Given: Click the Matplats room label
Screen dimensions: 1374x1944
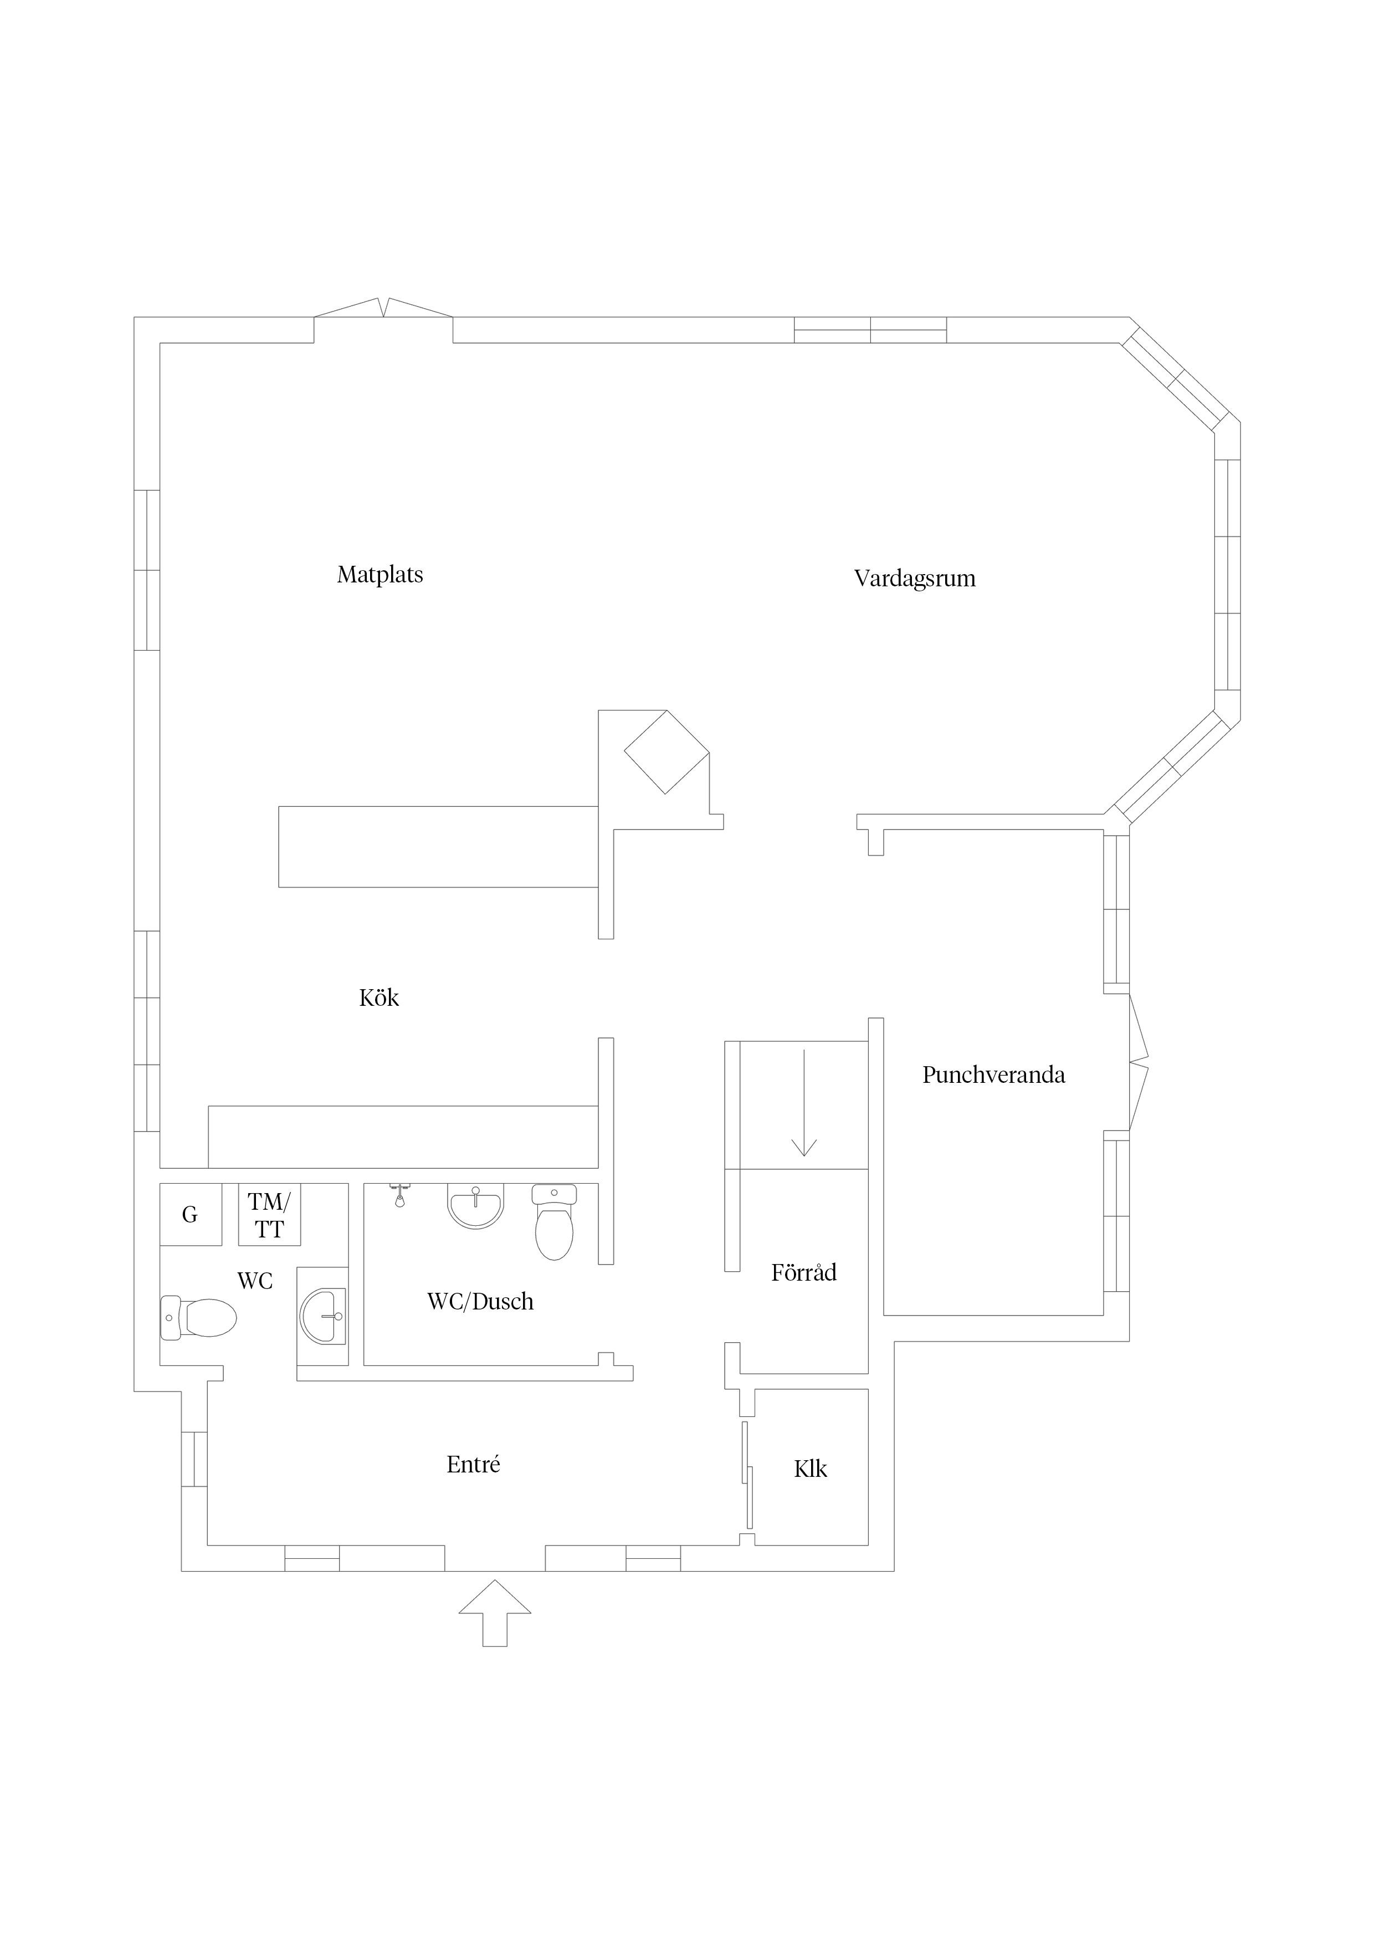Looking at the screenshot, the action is pyautogui.click(x=380, y=575).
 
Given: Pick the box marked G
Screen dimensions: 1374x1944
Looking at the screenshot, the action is pyautogui.click(x=191, y=1214).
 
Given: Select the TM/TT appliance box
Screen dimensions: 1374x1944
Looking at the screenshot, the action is pyautogui.click(x=269, y=1214).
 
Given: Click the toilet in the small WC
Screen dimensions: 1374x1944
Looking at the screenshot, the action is pyautogui.click(x=198, y=1318).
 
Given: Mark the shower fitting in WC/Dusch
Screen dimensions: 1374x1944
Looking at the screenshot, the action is pyautogui.click(x=399, y=1195).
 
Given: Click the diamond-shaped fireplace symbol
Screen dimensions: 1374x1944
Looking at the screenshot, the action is pyautogui.click(x=667, y=752).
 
